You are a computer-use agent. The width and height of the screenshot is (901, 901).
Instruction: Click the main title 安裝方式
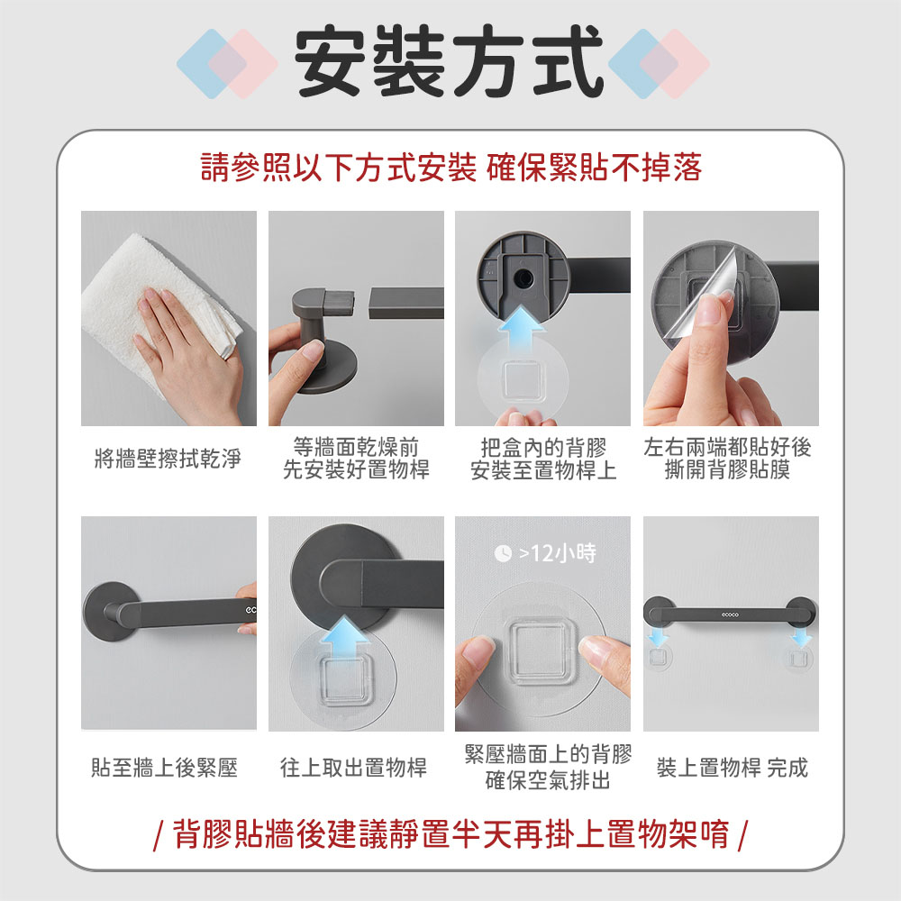tap(449, 61)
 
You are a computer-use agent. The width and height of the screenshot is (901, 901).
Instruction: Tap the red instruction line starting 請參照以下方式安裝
tap(451, 168)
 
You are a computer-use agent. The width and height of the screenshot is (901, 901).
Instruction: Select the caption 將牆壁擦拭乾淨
tap(168, 459)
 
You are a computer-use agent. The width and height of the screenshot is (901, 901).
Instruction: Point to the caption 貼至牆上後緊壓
tap(164, 767)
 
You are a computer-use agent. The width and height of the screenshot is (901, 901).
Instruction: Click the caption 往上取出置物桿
tap(353, 767)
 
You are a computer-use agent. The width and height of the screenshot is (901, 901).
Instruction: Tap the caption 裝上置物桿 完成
tap(732, 767)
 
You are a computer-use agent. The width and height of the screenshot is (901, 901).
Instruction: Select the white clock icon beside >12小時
tap(503, 553)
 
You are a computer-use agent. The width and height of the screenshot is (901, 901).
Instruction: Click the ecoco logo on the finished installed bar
tap(730, 614)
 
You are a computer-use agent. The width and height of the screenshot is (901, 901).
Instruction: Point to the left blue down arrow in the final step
tap(658, 637)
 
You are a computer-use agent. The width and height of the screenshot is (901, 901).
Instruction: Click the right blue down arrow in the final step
tap(800, 637)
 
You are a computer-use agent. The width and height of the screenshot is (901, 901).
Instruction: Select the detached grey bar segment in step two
tap(406, 303)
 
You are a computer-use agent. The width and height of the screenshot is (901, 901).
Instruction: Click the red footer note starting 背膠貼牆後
tap(451, 833)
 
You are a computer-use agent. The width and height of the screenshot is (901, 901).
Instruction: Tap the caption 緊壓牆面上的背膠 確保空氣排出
tap(548, 767)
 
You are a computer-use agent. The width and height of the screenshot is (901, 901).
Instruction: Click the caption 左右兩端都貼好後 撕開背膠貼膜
tap(727, 459)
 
